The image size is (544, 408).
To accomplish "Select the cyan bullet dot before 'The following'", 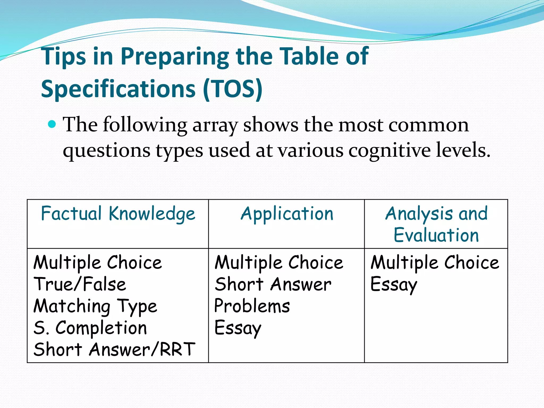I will [52, 124].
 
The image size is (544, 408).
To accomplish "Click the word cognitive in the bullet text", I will [389, 151].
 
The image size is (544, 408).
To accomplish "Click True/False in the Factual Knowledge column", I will [80, 284].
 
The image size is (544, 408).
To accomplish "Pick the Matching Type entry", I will [95, 306].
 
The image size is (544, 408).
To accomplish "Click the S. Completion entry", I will [90, 328].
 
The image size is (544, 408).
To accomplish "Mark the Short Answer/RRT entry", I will [114, 349].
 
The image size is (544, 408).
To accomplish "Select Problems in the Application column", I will [252, 306].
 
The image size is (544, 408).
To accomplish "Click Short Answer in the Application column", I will [273, 284].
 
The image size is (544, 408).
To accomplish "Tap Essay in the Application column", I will [237, 328].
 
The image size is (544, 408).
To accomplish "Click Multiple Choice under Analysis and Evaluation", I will [435, 263].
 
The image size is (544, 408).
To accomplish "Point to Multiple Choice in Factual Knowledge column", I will [97, 263].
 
